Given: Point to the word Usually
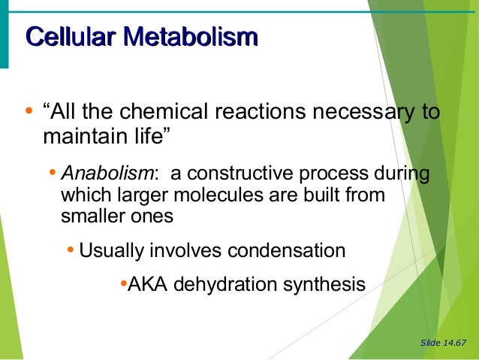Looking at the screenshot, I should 112,250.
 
